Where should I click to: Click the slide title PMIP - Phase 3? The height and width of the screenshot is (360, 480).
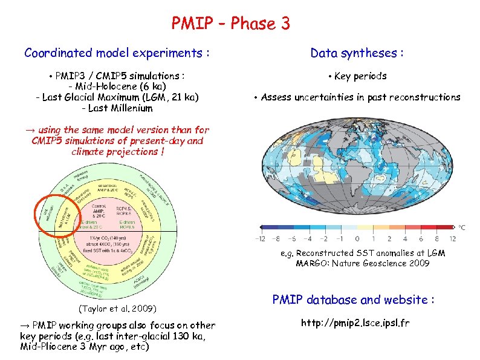230,24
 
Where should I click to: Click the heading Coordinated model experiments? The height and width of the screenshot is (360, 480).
117,53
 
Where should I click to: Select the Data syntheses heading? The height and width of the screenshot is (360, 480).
357,53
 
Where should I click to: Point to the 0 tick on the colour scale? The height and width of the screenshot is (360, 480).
357,238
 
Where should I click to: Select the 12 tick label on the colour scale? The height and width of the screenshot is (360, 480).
452,238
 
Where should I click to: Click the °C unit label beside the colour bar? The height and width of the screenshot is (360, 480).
462,227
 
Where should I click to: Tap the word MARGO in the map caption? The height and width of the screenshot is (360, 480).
311,263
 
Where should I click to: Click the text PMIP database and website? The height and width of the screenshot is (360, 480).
354,299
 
